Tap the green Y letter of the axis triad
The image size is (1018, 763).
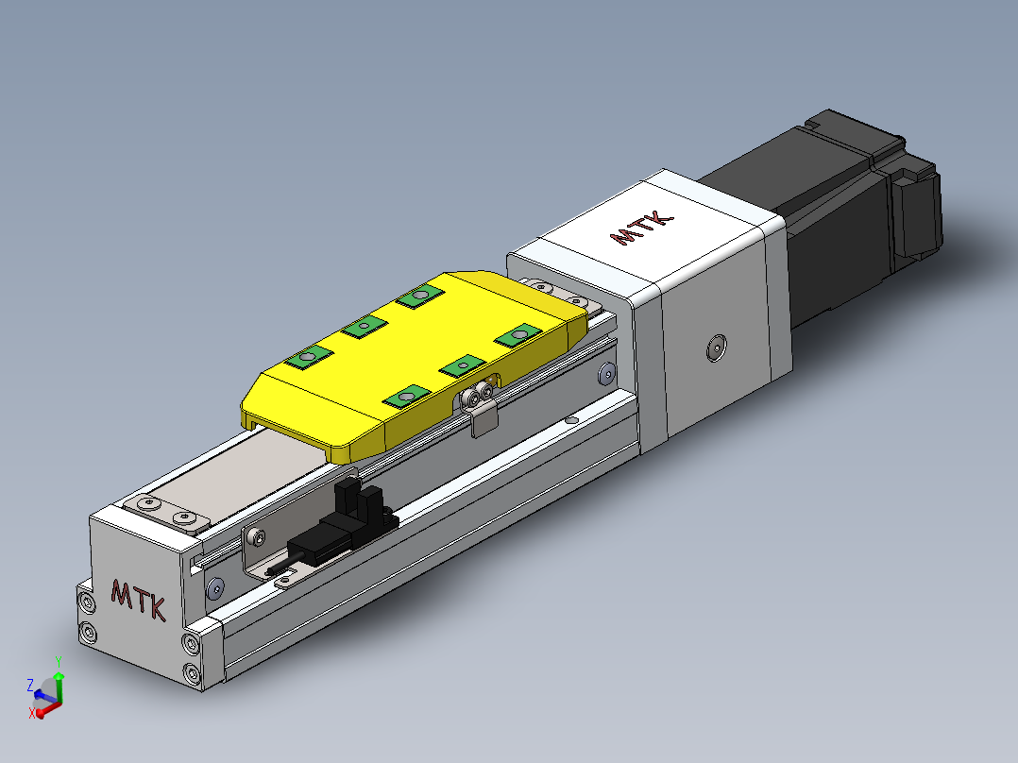click(x=59, y=662)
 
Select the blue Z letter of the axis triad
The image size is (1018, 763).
click(x=30, y=685)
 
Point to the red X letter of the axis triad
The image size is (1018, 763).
click(x=33, y=714)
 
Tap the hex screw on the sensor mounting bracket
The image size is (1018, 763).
click(x=259, y=537)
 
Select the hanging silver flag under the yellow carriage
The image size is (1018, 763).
click(x=482, y=420)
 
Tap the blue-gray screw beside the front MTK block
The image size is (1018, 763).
click(x=214, y=589)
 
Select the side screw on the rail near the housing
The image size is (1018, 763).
click(x=604, y=377)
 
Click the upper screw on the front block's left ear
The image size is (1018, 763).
click(x=88, y=602)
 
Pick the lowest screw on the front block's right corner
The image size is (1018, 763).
click(x=194, y=673)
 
